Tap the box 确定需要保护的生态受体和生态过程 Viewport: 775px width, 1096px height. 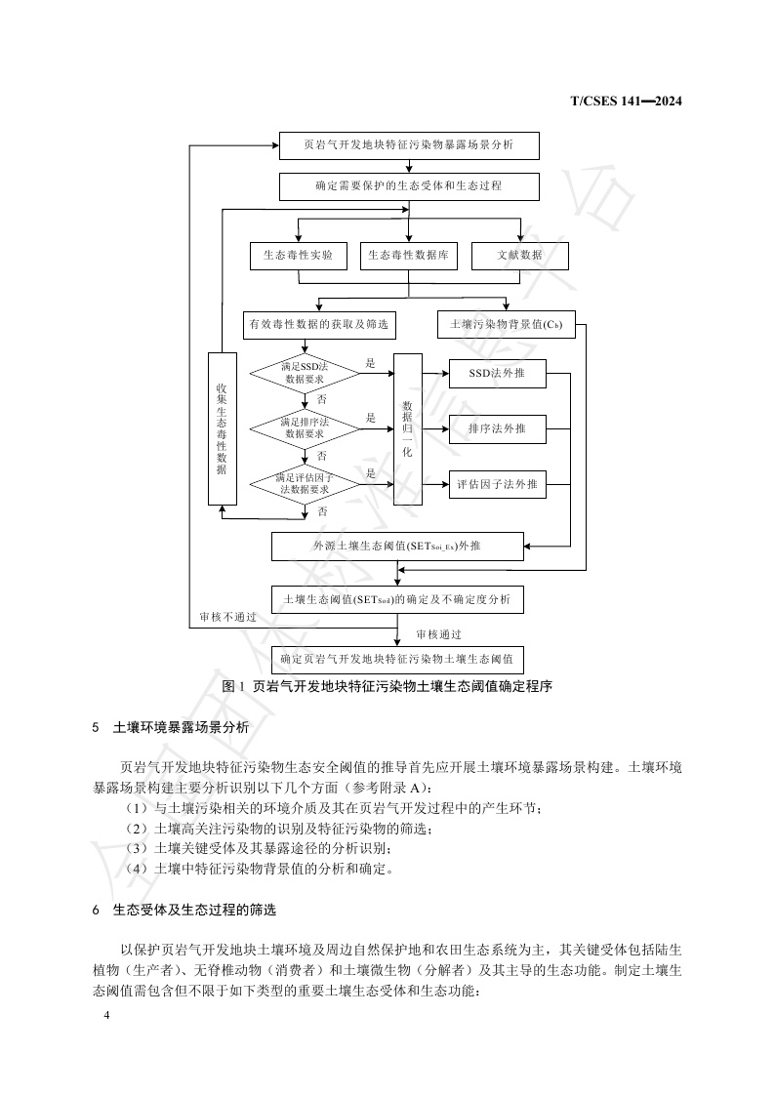[x=408, y=185]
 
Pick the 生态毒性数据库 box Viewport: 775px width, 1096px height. [x=408, y=255]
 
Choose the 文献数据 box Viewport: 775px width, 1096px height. [x=519, y=255]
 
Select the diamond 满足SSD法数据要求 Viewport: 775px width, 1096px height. [x=305, y=372]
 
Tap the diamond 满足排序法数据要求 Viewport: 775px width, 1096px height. [x=305, y=427]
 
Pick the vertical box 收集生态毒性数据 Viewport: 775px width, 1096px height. [x=222, y=428]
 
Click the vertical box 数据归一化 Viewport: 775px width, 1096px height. [x=407, y=428]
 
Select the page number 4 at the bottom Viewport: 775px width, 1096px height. [x=106, y=1017]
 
